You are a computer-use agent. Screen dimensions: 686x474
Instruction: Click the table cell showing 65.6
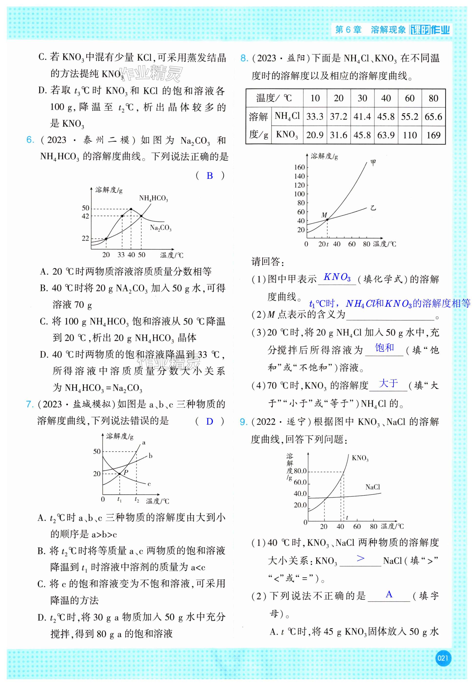click(433, 117)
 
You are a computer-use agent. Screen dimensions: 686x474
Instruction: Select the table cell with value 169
click(433, 135)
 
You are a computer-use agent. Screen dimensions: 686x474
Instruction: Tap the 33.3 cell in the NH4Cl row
click(315, 117)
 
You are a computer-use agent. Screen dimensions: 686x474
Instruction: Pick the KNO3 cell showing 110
click(410, 135)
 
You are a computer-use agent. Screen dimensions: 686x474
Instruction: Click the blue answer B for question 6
click(210, 176)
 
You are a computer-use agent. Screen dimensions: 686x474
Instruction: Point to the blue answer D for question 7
click(210, 422)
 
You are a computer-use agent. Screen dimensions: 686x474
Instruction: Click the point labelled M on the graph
click(327, 219)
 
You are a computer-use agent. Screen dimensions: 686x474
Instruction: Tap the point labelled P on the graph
click(120, 474)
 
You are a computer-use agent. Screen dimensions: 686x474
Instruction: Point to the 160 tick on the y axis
click(299, 167)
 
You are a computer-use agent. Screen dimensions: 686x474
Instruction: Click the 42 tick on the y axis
click(86, 216)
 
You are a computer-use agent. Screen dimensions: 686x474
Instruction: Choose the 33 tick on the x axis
click(121, 255)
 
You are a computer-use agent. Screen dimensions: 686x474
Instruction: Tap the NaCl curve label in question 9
click(372, 487)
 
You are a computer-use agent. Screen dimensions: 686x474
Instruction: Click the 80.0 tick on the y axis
click(300, 471)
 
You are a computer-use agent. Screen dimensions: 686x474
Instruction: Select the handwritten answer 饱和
click(384, 347)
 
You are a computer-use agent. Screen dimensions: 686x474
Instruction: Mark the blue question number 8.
click(244, 58)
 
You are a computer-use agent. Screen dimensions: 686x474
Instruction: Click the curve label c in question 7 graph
click(149, 484)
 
